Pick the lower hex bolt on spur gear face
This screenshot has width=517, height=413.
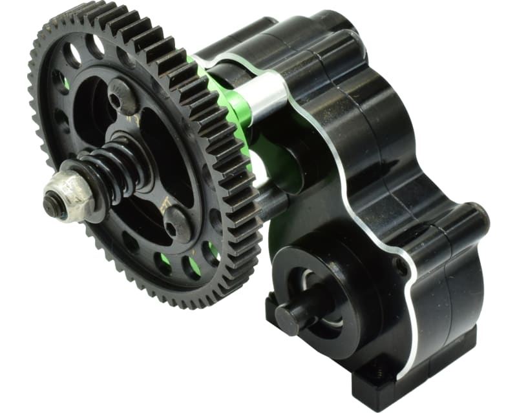175,223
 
